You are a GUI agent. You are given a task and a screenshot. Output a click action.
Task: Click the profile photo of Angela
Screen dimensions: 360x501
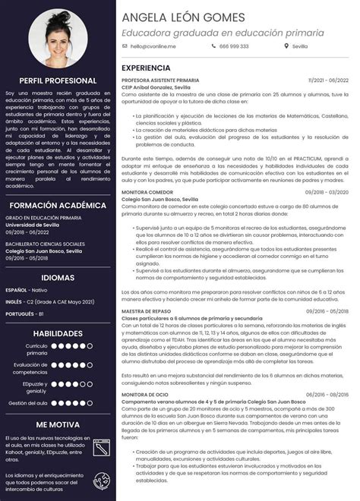click(58, 35)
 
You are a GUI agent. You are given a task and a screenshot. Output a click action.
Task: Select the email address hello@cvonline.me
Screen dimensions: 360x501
click(153, 46)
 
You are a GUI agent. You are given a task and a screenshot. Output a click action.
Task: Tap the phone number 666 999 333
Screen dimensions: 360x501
click(234, 46)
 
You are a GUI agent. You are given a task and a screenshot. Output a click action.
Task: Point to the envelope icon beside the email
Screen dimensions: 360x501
click(125, 46)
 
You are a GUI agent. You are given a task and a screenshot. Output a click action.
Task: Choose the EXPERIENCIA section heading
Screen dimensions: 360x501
click(146, 68)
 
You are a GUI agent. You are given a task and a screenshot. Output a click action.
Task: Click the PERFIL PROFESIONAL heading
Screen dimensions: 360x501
click(58, 80)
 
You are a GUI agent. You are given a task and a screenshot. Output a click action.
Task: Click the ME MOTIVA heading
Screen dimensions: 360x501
click(58, 424)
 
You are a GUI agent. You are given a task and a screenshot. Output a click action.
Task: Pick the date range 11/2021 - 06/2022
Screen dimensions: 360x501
click(328, 80)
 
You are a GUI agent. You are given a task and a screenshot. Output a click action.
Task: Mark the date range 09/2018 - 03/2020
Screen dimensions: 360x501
click(327, 192)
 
